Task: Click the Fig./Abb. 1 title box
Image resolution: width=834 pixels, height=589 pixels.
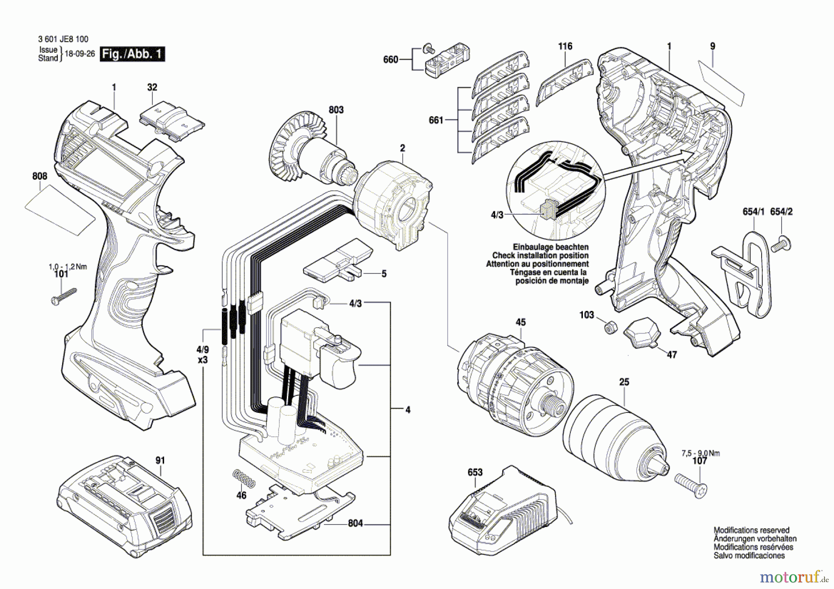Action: click(133, 54)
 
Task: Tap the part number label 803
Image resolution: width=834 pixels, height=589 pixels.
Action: click(336, 110)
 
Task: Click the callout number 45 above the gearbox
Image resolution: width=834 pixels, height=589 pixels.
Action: click(520, 322)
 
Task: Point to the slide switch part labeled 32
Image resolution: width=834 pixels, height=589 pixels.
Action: click(172, 121)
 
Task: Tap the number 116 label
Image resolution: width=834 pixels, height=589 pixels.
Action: click(565, 46)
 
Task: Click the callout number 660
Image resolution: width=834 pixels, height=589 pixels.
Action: click(391, 59)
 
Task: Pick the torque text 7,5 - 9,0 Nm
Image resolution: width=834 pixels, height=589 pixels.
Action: click(701, 453)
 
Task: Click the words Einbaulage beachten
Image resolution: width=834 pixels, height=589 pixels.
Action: click(550, 247)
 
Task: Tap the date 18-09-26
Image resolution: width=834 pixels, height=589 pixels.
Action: click(80, 54)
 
